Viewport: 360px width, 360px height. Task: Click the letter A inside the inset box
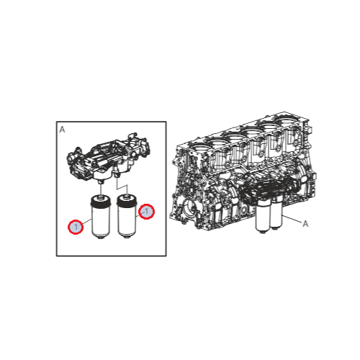click(62, 130)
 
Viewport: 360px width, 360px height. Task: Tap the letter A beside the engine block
click(305, 224)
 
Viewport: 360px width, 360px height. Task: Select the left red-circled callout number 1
click(76, 227)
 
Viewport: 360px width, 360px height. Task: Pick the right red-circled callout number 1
click(147, 212)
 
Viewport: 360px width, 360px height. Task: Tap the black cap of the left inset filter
click(100, 202)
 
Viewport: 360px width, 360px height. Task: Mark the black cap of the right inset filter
click(127, 201)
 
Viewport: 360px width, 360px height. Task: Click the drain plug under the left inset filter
click(101, 238)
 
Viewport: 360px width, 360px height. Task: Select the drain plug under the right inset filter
click(126, 237)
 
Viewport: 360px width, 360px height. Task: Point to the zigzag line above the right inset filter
click(122, 186)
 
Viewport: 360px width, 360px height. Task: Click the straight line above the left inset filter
click(101, 189)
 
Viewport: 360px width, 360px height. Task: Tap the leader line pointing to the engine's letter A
click(292, 220)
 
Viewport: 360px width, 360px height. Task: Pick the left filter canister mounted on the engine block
click(262, 217)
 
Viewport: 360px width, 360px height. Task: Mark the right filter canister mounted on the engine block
click(276, 212)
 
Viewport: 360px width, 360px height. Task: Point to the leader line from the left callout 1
click(87, 222)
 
